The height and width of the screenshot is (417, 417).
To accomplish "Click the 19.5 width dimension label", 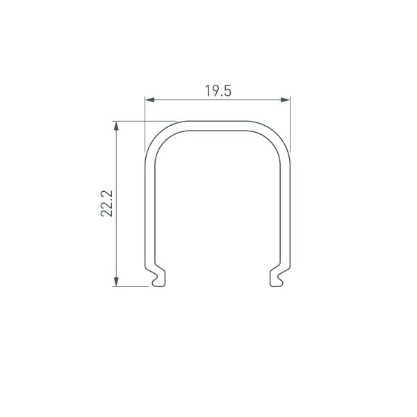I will pos(218,91).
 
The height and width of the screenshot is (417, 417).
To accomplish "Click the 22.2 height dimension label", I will pos(106,202).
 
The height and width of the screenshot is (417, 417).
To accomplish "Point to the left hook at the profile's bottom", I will pos(158,277).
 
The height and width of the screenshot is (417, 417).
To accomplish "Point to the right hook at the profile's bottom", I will pos(276,277).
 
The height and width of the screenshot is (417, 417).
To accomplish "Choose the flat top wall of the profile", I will pos(217,124).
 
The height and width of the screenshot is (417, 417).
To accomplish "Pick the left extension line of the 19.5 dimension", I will pos(145,125).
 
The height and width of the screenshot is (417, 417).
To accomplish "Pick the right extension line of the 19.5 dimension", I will pos(290,125).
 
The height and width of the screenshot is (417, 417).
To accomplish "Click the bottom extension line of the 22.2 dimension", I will pos(132,285).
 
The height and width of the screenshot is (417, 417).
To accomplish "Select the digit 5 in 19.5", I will pos(227,91).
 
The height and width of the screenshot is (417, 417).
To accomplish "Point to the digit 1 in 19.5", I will pos(207,91).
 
